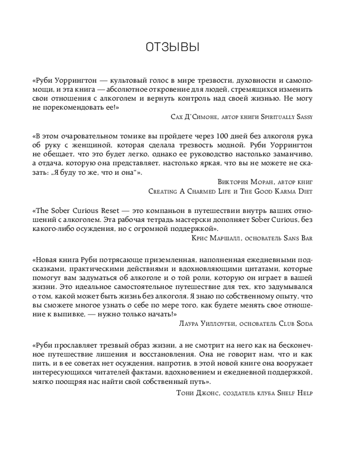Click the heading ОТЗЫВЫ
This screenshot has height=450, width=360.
pos(173,47)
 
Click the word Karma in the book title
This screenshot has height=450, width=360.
pos(271,191)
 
